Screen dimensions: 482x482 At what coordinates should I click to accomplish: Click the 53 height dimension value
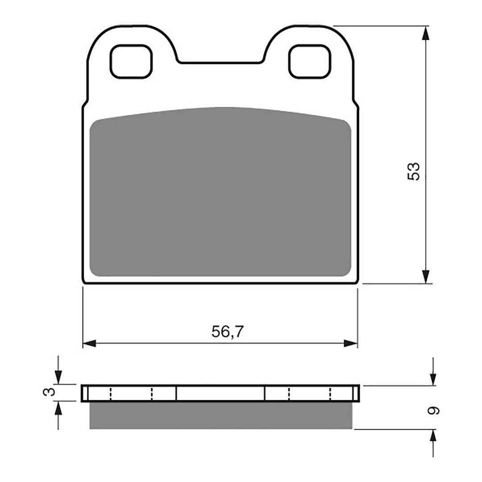414,171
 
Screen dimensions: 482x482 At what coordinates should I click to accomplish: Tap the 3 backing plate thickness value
51,392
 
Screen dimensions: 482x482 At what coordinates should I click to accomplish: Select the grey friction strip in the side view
220,415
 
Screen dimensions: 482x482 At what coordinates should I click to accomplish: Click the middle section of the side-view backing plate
220,393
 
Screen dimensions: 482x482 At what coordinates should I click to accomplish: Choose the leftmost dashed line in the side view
110,393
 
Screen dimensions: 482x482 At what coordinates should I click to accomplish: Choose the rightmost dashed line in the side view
331,393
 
